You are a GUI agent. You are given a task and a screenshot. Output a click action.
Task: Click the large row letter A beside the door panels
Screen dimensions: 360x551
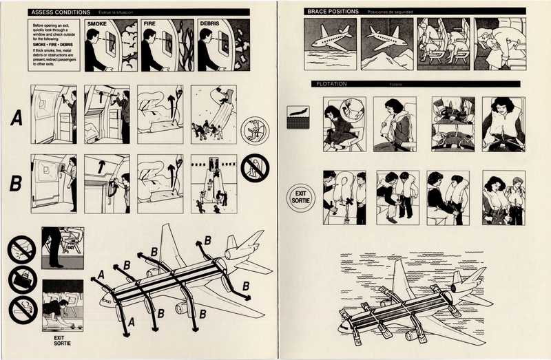[x=17, y=119]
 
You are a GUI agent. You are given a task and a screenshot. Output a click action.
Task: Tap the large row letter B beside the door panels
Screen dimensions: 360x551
[x=17, y=183]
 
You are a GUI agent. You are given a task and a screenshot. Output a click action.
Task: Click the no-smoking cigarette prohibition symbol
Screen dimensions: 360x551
[x=22, y=249]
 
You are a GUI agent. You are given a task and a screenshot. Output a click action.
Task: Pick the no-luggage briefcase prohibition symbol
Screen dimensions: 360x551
[x=22, y=279]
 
